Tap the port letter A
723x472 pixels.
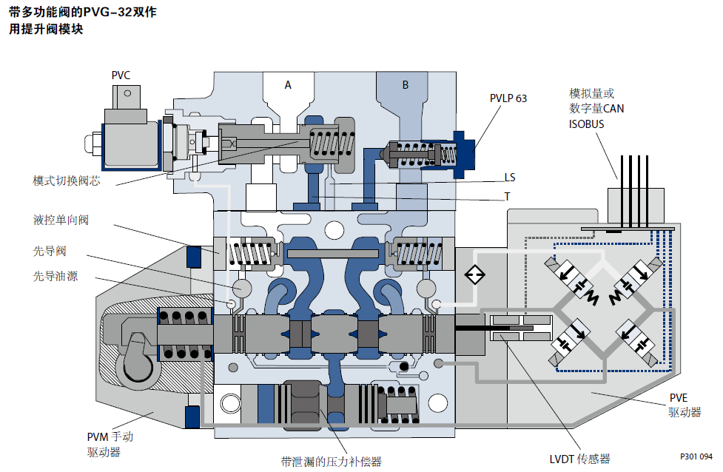click(x=288, y=85)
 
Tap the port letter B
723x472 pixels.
click(x=405, y=85)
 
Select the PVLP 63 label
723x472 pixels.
click(x=508, y=98)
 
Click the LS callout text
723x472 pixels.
click(x=510, y=178)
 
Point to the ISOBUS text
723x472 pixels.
click(x=586, y=124)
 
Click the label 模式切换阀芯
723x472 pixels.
click(x=67, y=181)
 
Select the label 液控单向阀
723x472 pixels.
click(x=61, y=220)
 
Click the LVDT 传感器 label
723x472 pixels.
click(x=579, y=459)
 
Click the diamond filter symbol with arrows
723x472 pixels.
click(x=474, y=275)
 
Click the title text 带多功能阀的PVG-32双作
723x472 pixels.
click(x=83, y=13)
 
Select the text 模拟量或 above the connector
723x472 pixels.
click(x=591, y=93)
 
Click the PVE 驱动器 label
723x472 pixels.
click(x=684, y=406)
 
